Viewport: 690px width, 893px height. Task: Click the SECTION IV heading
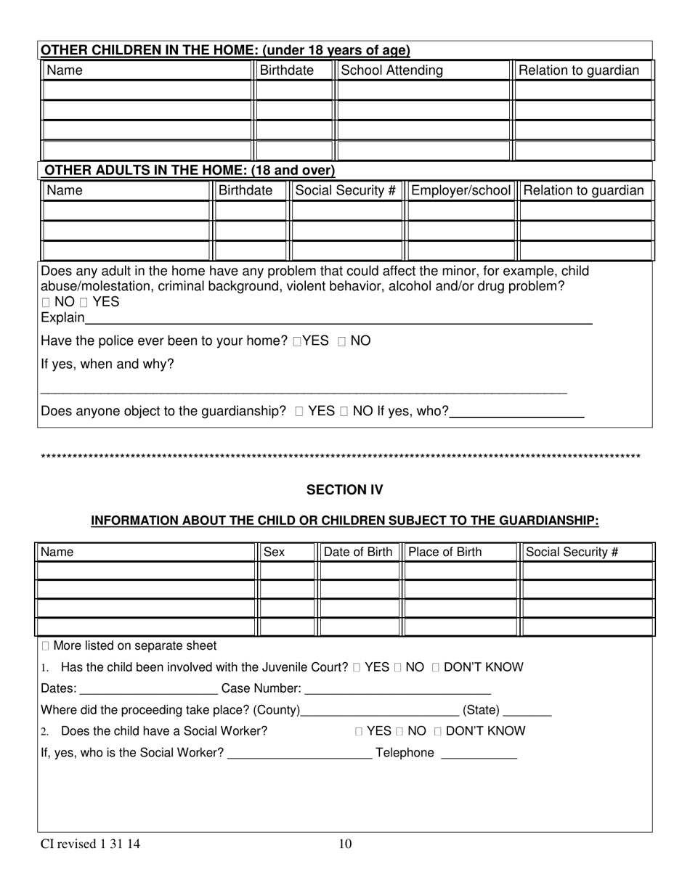pyautogui.click(x=344, y=490)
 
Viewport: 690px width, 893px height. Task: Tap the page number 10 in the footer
pyautogui.click(x=345, y=844)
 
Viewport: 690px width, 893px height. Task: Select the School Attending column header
pyautogui.click(x=391, y=70)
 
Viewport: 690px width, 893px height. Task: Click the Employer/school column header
pyautogui.click(x=460, y=190)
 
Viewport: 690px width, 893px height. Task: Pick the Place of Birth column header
pyautogui.click(x=445, y=552)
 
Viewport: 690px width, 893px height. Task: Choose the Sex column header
pyautogui.click(x=274, y=552)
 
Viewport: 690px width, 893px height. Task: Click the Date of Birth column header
pyautogui.click(x=357, y=552)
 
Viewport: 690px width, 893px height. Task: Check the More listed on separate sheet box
pyautogui.click(x=46, y=646)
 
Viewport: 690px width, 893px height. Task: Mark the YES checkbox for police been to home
pyautogui.click(x=297, y=341)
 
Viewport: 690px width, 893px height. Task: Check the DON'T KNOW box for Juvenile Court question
pyautogui.click(x=435, y=667)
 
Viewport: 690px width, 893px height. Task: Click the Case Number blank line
pyautogui.click(x=397, y=688)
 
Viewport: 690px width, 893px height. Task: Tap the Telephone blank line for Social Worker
pyautogui.click(x=479, y=753)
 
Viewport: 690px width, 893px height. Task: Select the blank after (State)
pyautogui.click(x=527, y=710)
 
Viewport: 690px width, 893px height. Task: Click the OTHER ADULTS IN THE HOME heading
pyautogui.click(x=190, y=171)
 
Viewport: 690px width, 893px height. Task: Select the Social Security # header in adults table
pyautogui.click(x=346, y=190)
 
